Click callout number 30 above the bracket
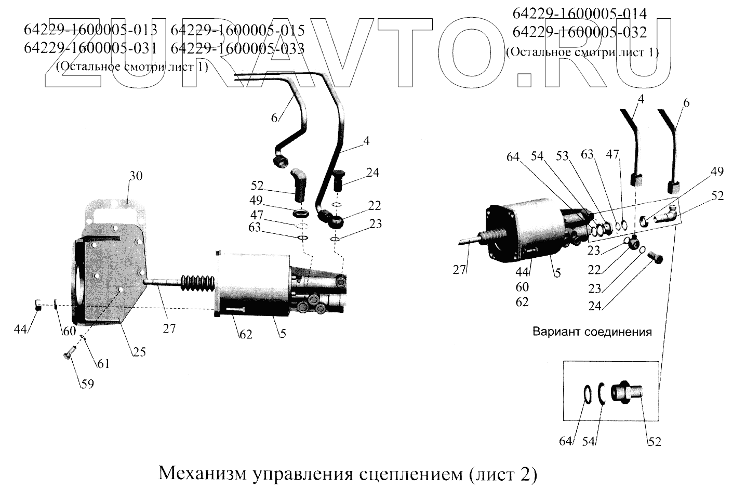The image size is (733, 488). click(136, 176)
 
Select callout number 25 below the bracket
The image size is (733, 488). click(139, 352)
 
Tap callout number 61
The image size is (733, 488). click(104, 364)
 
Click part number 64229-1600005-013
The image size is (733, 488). click(90, 30)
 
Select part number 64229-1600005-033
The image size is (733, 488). click(237, 48)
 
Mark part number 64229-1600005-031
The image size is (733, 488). click(90, 48)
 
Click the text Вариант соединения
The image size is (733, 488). click(592, 332)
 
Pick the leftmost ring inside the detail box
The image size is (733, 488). click(587, 393)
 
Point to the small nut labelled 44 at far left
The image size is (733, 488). click(38, 305)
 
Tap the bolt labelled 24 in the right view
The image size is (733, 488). click(656, 256)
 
